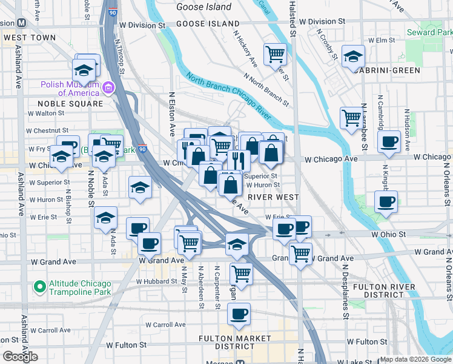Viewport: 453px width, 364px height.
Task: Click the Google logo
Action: tap(20, 357)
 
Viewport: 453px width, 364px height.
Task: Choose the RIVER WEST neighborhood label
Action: tap(273, 197)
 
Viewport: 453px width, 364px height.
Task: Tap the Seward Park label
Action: tap(430, 32)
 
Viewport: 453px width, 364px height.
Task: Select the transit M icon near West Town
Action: tap(21, 23)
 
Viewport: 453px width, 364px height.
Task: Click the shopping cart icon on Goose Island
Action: tap(276, 55)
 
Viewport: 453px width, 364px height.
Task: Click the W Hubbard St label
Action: tap(156, 281)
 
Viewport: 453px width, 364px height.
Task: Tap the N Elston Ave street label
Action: tap(172, 114)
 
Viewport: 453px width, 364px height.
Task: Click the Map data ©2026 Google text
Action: tap(415, 359)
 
